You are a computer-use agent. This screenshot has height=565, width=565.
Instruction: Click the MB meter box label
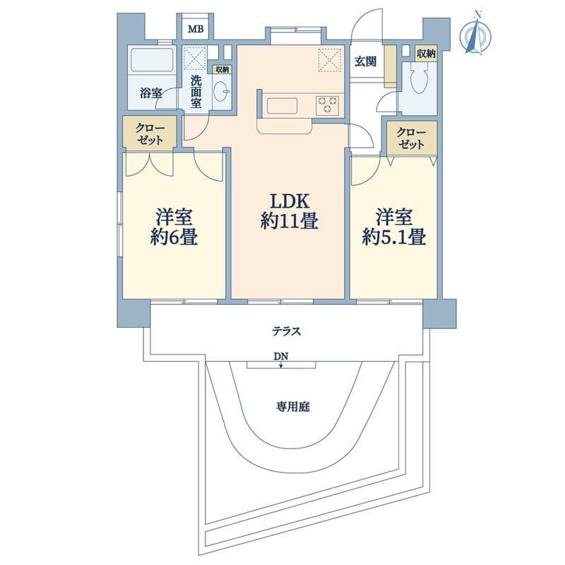coord(196,29)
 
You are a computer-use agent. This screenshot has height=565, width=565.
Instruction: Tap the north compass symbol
coord(475,35)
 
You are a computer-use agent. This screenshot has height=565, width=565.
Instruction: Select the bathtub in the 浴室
coord(152,60)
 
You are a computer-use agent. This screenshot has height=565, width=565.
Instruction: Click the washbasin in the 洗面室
coord(221,92)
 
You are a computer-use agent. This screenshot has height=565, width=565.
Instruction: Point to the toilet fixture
coord(418,78)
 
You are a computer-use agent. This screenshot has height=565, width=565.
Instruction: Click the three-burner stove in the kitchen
coord(328,105)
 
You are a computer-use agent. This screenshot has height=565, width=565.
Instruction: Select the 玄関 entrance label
coord(365,61)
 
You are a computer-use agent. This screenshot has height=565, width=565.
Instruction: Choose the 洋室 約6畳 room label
coord(174,227)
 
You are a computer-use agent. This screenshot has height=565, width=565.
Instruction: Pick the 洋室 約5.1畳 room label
coord(394,227)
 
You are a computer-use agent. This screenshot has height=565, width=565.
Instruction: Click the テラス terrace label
coord(286,331)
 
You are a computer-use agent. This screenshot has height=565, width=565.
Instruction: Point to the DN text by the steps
coord(281,357)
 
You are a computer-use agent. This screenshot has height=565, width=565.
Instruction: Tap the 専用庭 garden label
coord(292,408)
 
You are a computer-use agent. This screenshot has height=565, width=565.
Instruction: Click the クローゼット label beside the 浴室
coord(150,134)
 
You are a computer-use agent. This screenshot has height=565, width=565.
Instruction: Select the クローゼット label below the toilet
coord(411,138)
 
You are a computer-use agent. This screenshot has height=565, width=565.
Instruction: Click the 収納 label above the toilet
coord(426,54)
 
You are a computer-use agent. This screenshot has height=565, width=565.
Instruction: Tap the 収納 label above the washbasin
coord(222,70)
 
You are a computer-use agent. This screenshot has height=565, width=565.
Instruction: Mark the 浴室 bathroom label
coord(150,94)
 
